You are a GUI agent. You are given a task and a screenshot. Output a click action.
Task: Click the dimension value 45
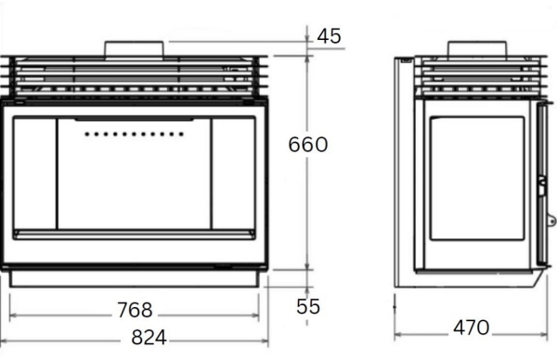(x=329, y=36)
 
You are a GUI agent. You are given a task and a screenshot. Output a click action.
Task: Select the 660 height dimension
(x=307, y=146)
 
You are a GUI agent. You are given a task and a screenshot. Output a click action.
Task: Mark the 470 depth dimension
(x=471, y=327)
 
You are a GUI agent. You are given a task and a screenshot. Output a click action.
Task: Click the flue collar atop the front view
(x=135, y=49)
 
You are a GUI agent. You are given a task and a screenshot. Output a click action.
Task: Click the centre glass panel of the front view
(x=134, y=176)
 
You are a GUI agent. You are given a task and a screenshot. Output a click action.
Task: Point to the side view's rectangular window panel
(x=477, y=181)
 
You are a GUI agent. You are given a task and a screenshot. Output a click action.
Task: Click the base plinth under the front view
(x=135, y=278)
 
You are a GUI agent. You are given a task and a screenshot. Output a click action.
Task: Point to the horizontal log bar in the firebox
(x=135, y=234)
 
